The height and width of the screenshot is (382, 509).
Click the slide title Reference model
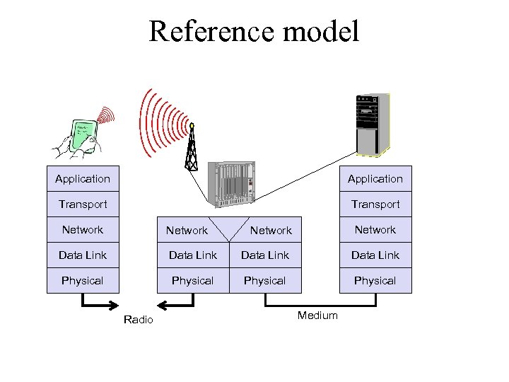point(254,32)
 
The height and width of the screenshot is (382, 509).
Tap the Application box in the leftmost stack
point(83,179)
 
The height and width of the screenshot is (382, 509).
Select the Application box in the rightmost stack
point(375,179)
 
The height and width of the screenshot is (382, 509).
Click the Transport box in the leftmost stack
point(83,204)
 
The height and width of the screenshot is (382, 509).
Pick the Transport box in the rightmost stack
point(375,204)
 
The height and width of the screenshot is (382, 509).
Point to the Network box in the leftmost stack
point(83,230)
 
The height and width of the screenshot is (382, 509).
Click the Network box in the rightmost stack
point(375,230)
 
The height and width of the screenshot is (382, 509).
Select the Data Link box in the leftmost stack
point(83,255)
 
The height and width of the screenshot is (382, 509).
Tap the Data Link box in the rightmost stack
point(375,255)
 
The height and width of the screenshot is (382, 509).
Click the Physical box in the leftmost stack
point(83,281)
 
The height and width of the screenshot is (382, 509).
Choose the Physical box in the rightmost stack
point(375,281)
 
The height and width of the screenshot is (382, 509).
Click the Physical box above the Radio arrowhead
point(192,281)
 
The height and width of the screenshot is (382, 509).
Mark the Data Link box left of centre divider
point(192,255)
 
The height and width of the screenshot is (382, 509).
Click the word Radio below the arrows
point(138,320)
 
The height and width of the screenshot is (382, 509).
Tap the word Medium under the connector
point(317,316)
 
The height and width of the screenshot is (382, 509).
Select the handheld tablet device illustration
point(81,134)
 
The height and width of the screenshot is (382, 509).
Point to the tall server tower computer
point(372,124)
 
